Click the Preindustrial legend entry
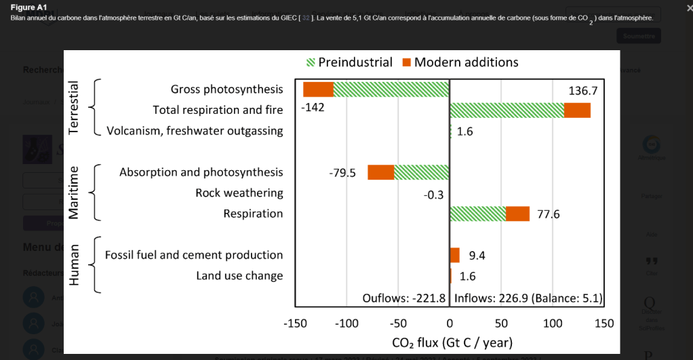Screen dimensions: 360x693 [349, 62]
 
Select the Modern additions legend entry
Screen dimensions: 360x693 [460, 62]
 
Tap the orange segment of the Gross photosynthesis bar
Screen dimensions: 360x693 [318, 89]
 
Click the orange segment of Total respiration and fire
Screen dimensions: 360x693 [577, 110]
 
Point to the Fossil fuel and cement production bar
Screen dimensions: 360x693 [454, 255]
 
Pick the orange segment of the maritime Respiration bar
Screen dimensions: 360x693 [517, 214]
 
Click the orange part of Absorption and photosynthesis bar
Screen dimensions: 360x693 [380, 172]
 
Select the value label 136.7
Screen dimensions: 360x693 [582, 90]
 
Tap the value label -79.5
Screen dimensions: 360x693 [342, 173]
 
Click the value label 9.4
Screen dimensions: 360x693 [477, 256]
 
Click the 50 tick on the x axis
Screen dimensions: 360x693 [501, 323]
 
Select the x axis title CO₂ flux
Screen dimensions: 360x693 [452, 342]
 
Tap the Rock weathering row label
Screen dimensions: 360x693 [239, 193]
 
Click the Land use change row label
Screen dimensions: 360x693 [239, 276]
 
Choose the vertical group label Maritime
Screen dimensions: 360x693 [74, 193]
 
